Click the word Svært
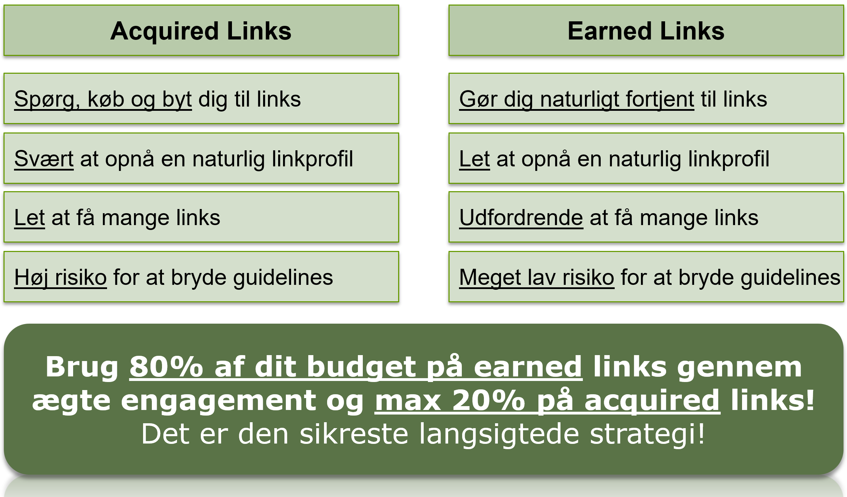pyautogui.click(x=44, y=159)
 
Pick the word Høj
pyautogui.click(x=31, y=278)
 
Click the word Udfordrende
pyautogui.click(x=521, y=217)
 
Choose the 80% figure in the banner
pyautogui.click(x=166, y=367)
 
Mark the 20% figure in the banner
pyautogui.click(x=489, y=400)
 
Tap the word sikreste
pyautogui.click(x=354, y=433)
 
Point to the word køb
pyautogui.click(x=106, y=99)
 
